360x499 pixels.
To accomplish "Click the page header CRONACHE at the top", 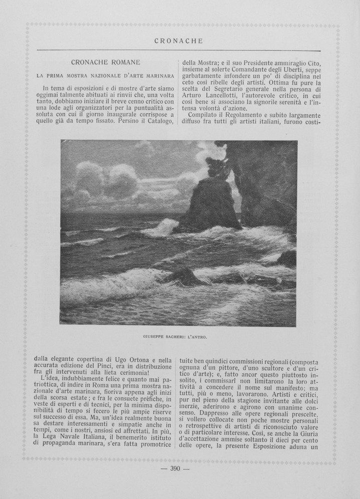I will (x=178, y=41).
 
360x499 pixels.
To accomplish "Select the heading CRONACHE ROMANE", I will (x=105, y=62).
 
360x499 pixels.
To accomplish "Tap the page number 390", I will (x=175, y=468).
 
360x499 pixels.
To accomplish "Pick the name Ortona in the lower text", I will (x=144, y=359).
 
